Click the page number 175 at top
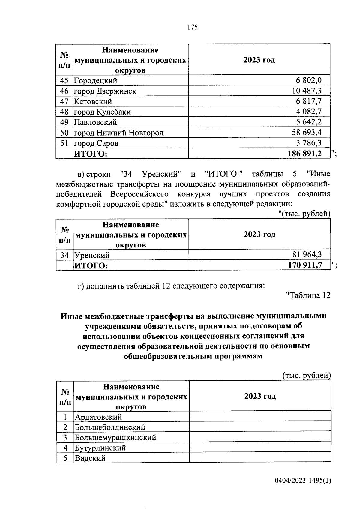click(x=193, y=28)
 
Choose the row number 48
click(x=64, y=112)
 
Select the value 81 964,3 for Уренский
click(x=307, y=255)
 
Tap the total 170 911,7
click(x=305, y=265)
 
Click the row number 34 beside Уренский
click(x=64, y=255)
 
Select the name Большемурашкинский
click(x=115, y=437)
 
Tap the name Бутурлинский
click(x=100, y=448)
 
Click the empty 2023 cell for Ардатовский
click(x=260, y=417)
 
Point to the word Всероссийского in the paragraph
click(x=139, y=194)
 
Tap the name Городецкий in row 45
click(x=95, y=80)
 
